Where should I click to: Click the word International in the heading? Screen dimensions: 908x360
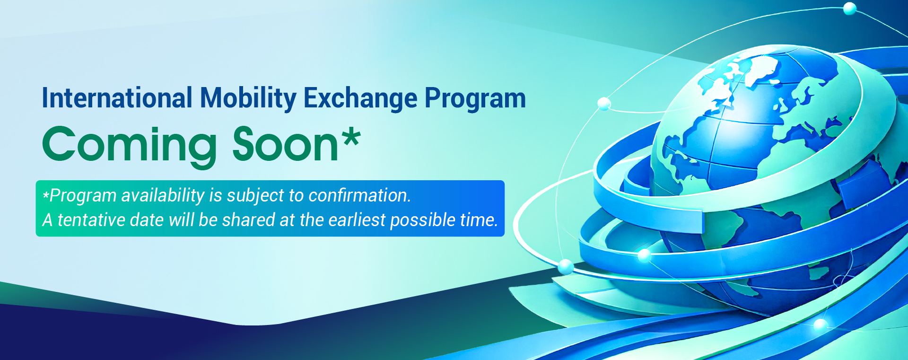117,98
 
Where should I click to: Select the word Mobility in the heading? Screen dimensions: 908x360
248,98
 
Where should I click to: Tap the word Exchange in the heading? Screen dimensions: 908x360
360,99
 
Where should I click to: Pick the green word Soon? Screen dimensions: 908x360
285,144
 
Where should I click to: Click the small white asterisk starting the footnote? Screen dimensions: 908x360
46,194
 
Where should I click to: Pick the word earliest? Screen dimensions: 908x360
357,220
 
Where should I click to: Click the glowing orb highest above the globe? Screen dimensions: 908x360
850,9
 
